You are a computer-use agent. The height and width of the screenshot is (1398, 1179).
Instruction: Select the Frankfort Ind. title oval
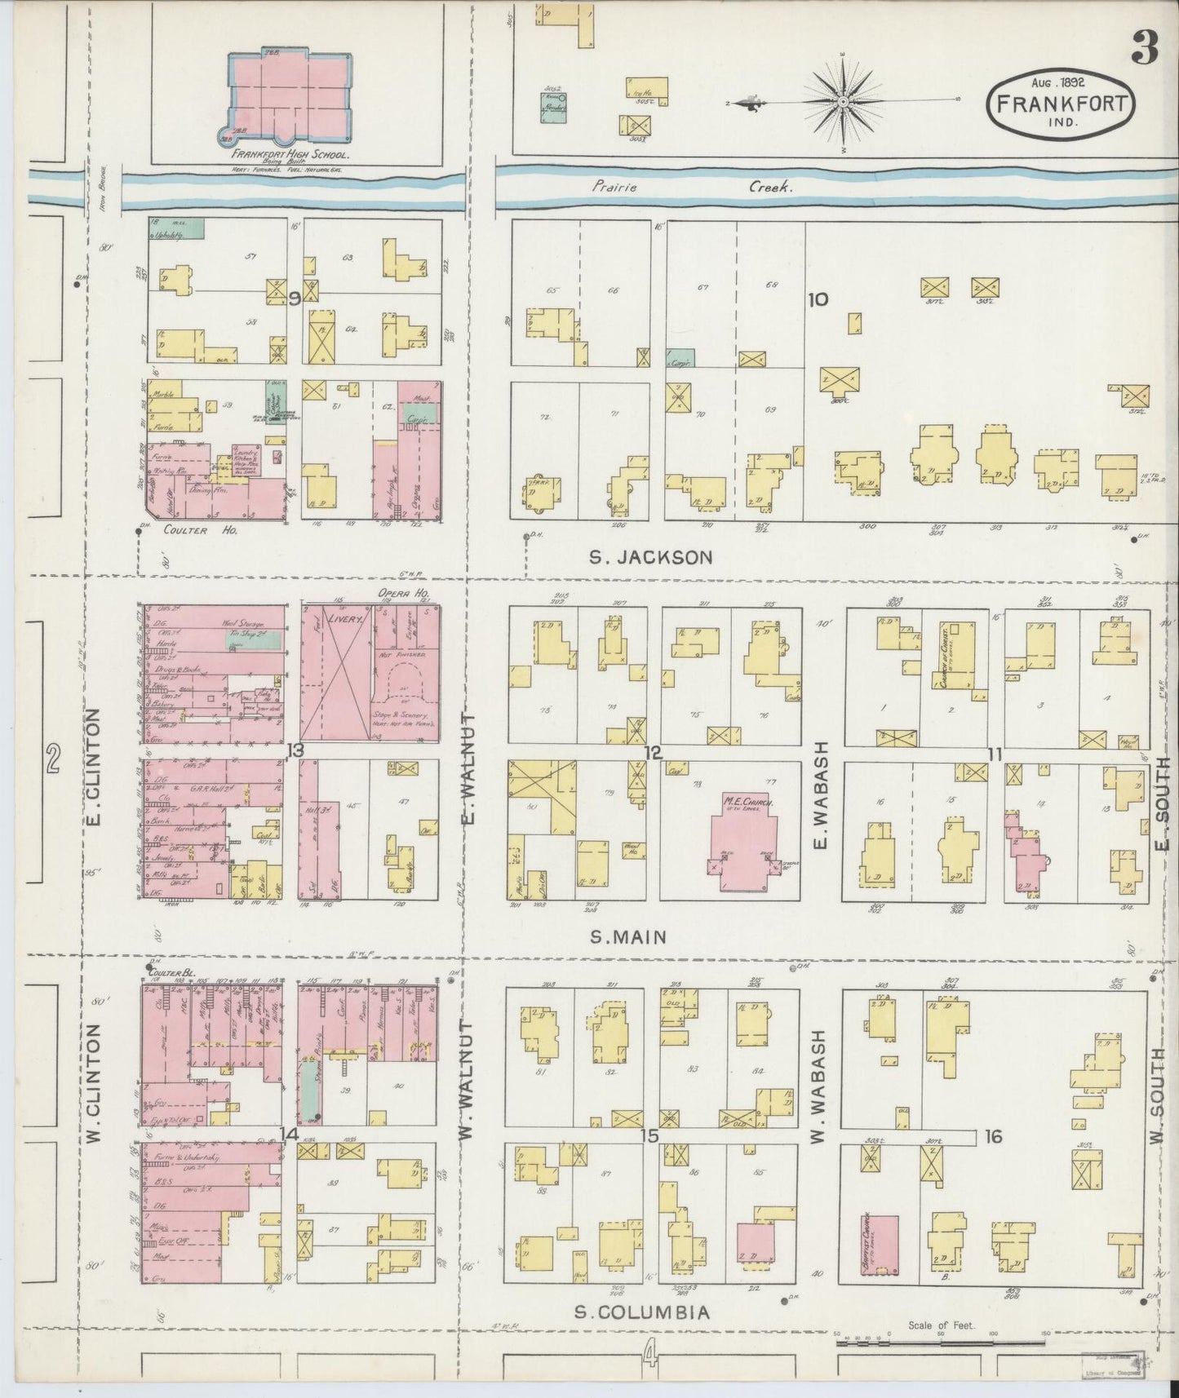point(1061,102)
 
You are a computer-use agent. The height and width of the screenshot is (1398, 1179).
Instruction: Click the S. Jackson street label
point(651,558)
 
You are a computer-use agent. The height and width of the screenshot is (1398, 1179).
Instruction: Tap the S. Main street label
point(629,937)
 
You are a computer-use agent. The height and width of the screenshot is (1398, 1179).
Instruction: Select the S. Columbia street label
point(641,1312)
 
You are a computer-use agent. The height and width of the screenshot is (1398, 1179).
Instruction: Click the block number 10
point(818,299)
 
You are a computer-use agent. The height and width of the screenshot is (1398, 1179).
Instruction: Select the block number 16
point(993,1136)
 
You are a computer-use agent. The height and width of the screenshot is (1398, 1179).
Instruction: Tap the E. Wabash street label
point(820,793)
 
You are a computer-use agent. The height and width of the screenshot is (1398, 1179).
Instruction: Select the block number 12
point(652,751)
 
